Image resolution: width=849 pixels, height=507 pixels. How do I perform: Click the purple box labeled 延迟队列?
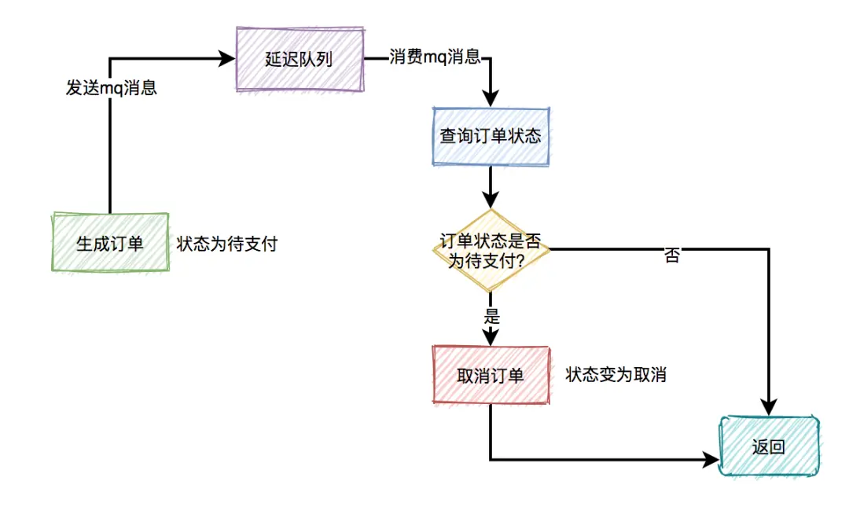(x=300, y=60)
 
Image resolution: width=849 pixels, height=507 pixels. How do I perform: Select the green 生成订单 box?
(x=110, y=243)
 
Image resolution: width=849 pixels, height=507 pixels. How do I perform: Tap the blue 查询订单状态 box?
(x=491, y=135)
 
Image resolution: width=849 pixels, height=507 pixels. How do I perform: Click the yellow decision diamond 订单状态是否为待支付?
(x=491, y=251)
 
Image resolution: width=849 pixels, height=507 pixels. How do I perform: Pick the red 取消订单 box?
(x=491, y=376)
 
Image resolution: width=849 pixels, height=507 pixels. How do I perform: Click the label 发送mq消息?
(x=111, y=88)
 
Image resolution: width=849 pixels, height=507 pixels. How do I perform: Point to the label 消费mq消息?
(x=435, y=57)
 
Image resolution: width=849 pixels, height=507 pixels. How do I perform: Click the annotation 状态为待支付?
(x=227, y=244)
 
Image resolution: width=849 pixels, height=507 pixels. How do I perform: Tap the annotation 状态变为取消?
(x=616, y=375)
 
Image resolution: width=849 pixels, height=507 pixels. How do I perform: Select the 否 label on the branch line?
(x=671, y=256)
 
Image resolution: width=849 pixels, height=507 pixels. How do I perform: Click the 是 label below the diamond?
(x=491, y=318)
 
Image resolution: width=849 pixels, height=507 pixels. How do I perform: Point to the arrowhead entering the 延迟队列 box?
(x=229, y=59)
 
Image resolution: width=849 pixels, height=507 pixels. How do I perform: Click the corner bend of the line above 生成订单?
(x=110, y=59)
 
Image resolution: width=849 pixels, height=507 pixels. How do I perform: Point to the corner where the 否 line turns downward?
(x=768, y=250)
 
